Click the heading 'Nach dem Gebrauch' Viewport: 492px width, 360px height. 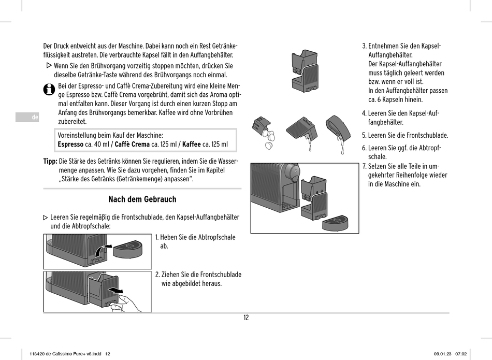coord(142,199)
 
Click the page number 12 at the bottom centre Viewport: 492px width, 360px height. coord(246,318)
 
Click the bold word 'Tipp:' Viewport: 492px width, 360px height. coord(50,161)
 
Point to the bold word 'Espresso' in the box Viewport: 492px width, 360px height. coord(70,145)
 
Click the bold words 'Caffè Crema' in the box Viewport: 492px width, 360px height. coord(132,145)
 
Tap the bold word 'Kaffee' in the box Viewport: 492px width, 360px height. coord(191,145)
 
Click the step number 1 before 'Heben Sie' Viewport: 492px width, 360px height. coord(157,237)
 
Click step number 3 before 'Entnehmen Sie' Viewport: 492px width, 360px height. coord(364,46)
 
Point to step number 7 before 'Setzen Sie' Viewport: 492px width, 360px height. coord(364,166)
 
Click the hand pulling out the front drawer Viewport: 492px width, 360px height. coord(124,303)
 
